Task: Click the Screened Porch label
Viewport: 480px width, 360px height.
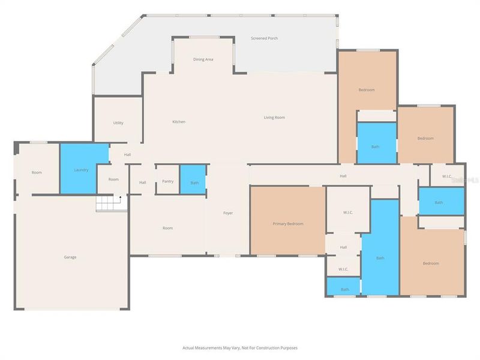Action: (x=264, y=38)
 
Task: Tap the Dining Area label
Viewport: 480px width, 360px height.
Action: (x=203, y=59)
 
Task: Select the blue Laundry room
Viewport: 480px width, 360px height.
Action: (x=82, y=169)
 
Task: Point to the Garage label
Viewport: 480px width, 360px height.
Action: (x=70, y=257)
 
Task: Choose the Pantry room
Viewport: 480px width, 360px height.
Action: (x=167, y=181)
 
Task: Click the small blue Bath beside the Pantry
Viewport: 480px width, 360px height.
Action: (x=194, y=182)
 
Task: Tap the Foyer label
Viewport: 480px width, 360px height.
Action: (x=228, y=213)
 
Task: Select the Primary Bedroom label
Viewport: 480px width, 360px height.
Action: (x=288, y=224)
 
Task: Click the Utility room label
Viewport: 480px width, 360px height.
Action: (x=118, y=123)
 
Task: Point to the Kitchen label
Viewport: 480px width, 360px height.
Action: (x=179, y=122)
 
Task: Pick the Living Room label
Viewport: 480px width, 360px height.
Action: (x=274, y=118)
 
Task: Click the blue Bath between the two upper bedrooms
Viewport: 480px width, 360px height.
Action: (x=376, y=146)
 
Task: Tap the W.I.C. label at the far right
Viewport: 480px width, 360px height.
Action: (x=446, y=176)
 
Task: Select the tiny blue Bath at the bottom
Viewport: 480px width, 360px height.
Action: (x=344, y=289)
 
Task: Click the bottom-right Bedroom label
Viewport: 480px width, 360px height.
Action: (x=430, y=263)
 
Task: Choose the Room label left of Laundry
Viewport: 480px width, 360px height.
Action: (x=37, y=173)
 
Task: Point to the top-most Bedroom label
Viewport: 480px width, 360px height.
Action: (x=367, y=90)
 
